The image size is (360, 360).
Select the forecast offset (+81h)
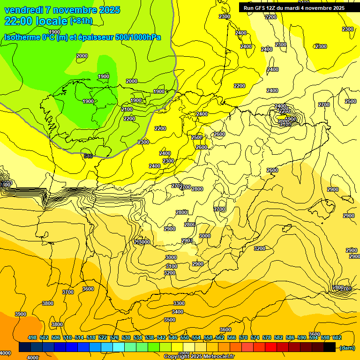pos(81,21)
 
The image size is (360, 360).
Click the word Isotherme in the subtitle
pos(22,37)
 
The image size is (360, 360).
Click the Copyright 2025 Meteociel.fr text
pos(199,357)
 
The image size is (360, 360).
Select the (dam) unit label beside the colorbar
pos(347,347)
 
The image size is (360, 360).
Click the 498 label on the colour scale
pos(32,337)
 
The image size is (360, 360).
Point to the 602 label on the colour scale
pos(337,337)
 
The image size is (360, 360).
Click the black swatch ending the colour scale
pos(330,347)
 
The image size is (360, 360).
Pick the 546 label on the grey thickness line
pos(88,156)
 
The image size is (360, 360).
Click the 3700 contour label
pos(68,292)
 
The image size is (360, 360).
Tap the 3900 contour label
pos(21,314)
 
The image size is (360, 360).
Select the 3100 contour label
pos(172,266)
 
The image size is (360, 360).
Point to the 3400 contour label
pos(178,312)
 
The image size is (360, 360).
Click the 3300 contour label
pos(179,304)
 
